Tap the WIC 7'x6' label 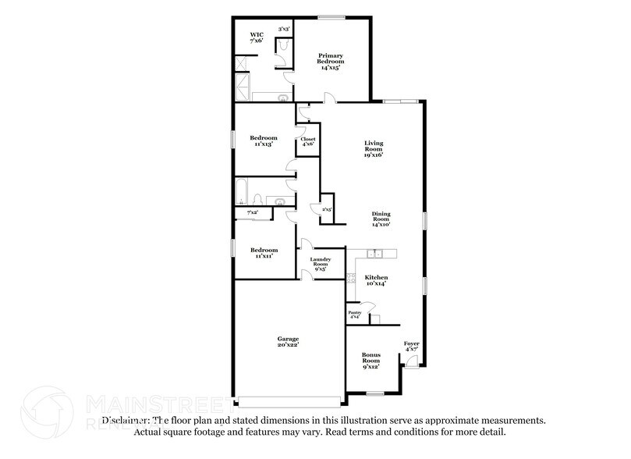(x=257, y=37)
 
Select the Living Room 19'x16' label (x=374, y=149)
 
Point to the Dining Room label (x=381, y=219)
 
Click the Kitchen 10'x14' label (x=376, y=280)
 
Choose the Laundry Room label (x=321, y=264)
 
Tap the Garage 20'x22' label (x=288, y=341)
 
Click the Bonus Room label (x=370, y=361)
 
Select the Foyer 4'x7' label (x=411, y=346)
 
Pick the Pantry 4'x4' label (x=354, y=315)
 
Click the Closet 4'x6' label (x=307, y=141)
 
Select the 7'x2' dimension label (x=252, y=212)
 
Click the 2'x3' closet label (x=316, y=208)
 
